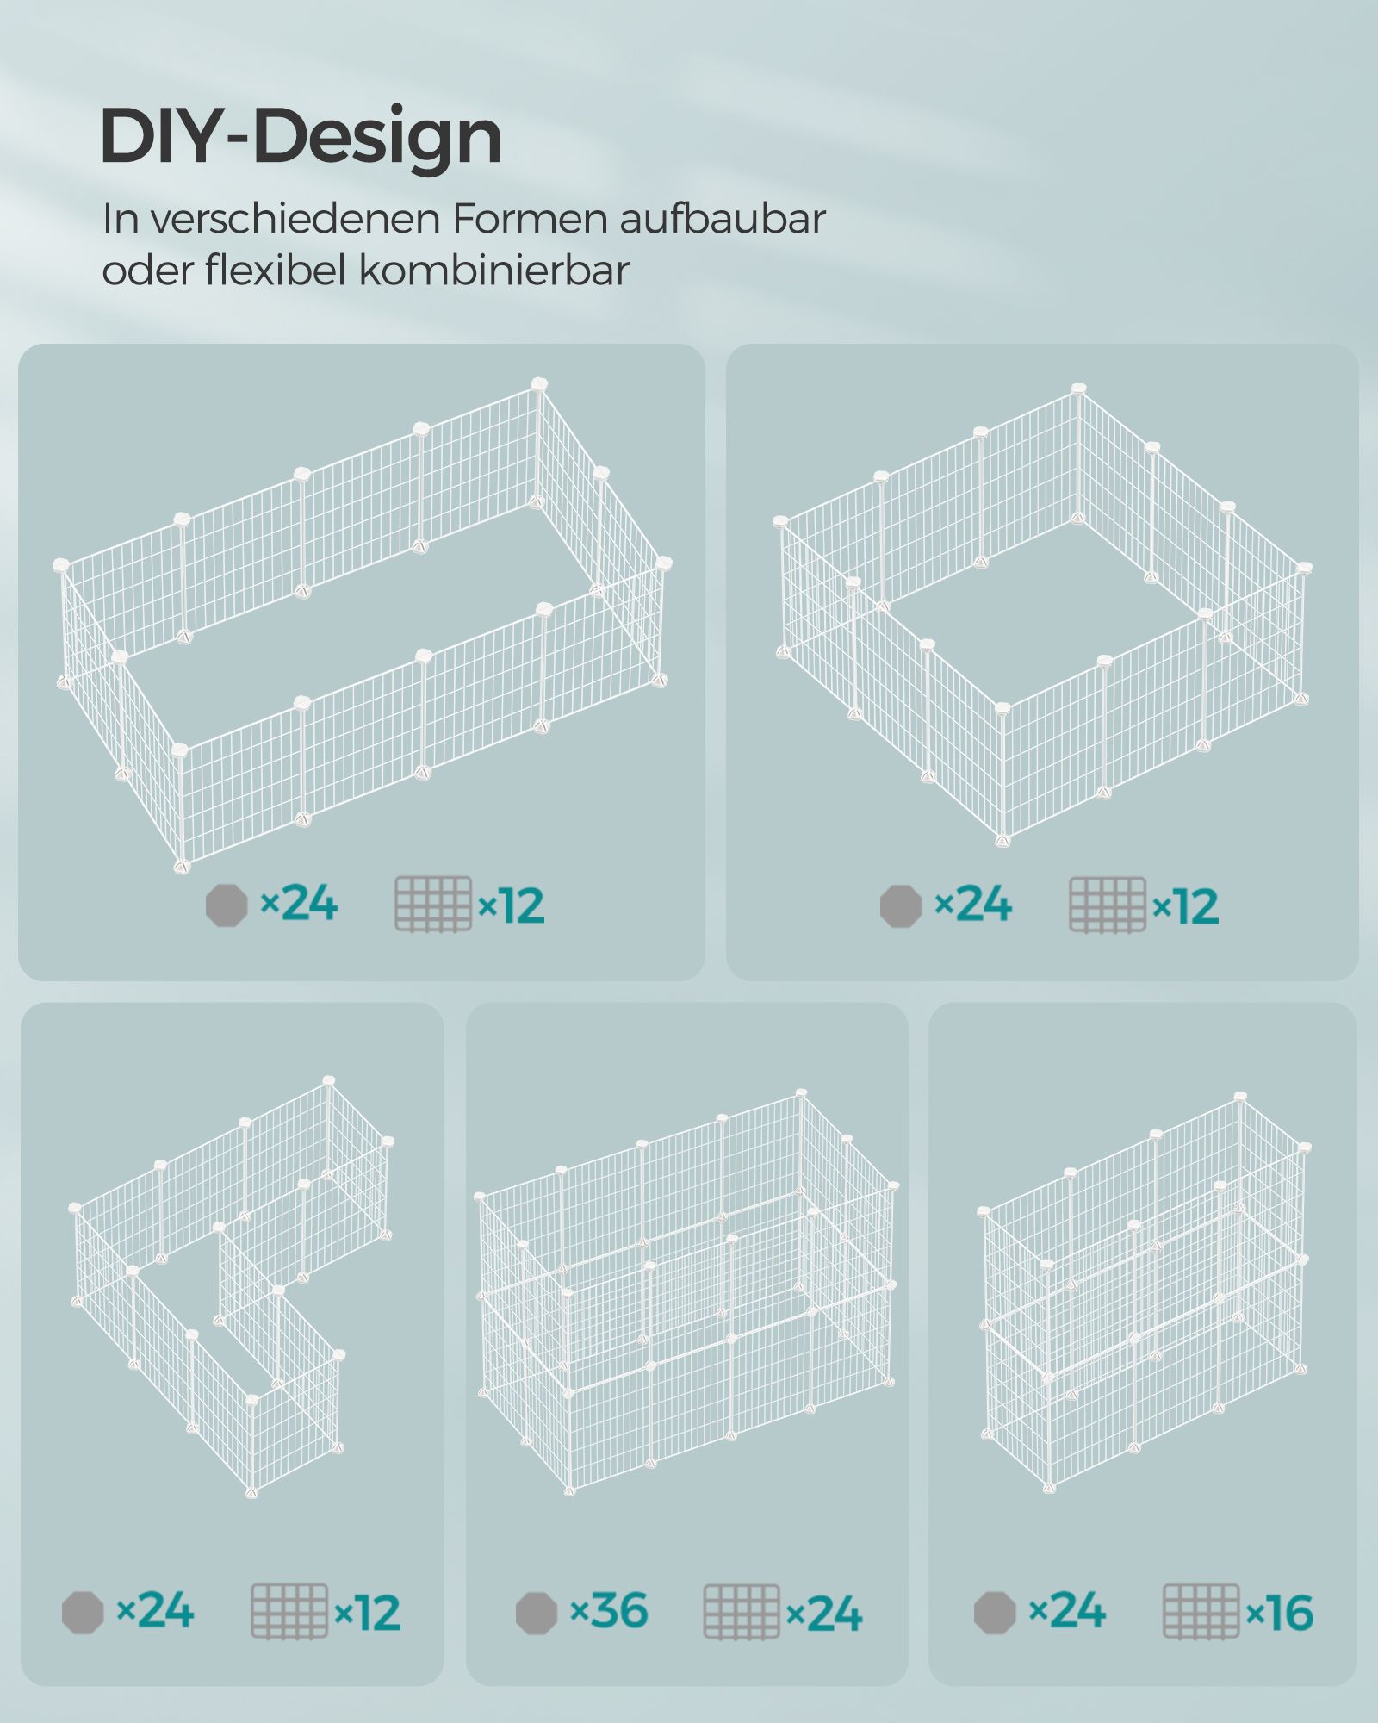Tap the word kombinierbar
pyautogui.click(x=494, y=270)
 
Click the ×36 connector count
pyautogui.click(x=610, y=1611)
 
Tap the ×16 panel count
pyautogui.click(x=1280, y=1613)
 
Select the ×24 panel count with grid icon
pyautogui.click(x=824, y=1614)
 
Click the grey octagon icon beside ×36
pyautogui.click(x=537, y=1613)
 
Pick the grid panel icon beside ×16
pyautogui.click(x=1201, y=1611)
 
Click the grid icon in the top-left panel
pyautogui.click(x=433, y=905)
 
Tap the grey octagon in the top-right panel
pyautogui.click(x=901, y=905)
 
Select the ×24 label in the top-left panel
pyautogui.click(x=299, y=904)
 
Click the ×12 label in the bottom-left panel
pyautogui.click(x=368, y=1613)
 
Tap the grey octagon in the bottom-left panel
pyautogui.click(x=83, y=1613)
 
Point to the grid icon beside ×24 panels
pyautogui.click(x=742, y=1611)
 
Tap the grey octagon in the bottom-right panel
pyautogui.click(x=995, y=1613)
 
